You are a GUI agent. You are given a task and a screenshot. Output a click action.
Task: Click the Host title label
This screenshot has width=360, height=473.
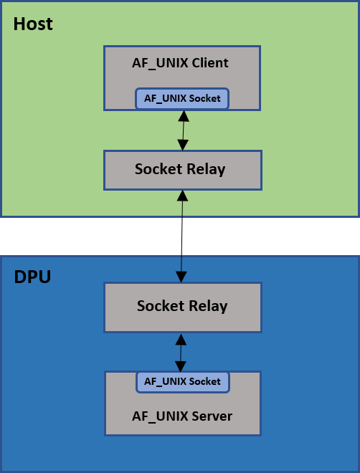point(33,24)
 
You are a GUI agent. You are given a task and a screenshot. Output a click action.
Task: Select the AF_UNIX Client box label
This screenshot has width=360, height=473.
point(181,63)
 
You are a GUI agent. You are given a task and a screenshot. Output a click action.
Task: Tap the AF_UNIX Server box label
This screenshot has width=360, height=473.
point(182,416)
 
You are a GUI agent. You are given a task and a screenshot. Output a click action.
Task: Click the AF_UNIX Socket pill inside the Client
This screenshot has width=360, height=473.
point(182,98)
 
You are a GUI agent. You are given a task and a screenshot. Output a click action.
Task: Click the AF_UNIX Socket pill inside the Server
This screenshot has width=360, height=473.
point(182,381)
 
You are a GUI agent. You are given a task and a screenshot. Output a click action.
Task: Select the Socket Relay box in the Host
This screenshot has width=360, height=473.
point(181,170)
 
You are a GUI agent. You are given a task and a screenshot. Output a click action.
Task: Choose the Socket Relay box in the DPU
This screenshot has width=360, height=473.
point(181,307)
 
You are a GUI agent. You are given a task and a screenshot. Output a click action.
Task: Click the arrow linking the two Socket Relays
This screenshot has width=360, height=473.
point(181,236)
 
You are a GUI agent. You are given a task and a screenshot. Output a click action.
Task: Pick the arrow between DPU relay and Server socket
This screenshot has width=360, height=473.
point(180,352)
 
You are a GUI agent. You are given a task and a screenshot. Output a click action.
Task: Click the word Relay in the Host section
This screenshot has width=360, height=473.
point(207,170)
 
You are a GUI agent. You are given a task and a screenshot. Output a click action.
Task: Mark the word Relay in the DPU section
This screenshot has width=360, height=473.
point(208,307)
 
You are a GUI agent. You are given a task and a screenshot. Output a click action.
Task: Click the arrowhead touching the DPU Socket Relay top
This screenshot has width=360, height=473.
point(181,277)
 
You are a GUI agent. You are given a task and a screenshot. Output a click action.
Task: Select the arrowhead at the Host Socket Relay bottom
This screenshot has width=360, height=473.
point(181,195)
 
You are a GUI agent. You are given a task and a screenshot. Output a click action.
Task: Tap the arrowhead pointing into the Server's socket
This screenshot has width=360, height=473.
point(180,366)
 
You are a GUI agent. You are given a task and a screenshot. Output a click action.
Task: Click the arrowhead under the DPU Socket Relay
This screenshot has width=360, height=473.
point(180,338)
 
